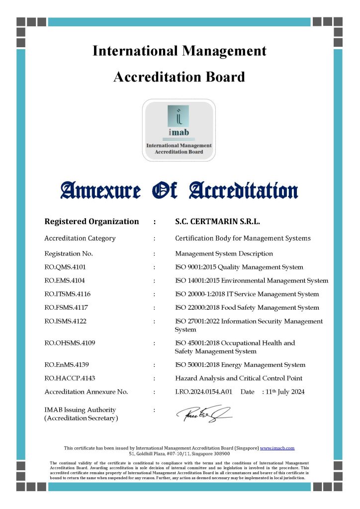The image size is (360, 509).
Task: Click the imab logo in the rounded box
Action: click(x=179, y=130)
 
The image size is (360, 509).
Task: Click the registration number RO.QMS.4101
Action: click(x=65, y=267)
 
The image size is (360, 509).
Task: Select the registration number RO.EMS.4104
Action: click(x=65, y=281)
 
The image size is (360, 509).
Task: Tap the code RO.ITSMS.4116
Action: click(x=68, y=294)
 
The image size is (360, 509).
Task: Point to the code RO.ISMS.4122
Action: click(x=65, y=321)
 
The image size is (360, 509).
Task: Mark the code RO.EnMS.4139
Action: click(x=67, y=365)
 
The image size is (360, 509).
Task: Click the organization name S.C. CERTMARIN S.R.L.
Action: click(x=218, y=222)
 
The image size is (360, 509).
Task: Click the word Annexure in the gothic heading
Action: click(x=100, y=190)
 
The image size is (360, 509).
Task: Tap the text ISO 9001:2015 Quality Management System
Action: click(x=239, y=267)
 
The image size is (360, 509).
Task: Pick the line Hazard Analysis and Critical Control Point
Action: click(x=239, y=378)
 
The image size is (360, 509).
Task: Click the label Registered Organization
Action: click(x=91, y=222)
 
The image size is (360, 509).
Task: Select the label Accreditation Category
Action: click(x=80, y=238)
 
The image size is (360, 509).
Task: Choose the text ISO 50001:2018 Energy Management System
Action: click(x=240, y=365)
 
